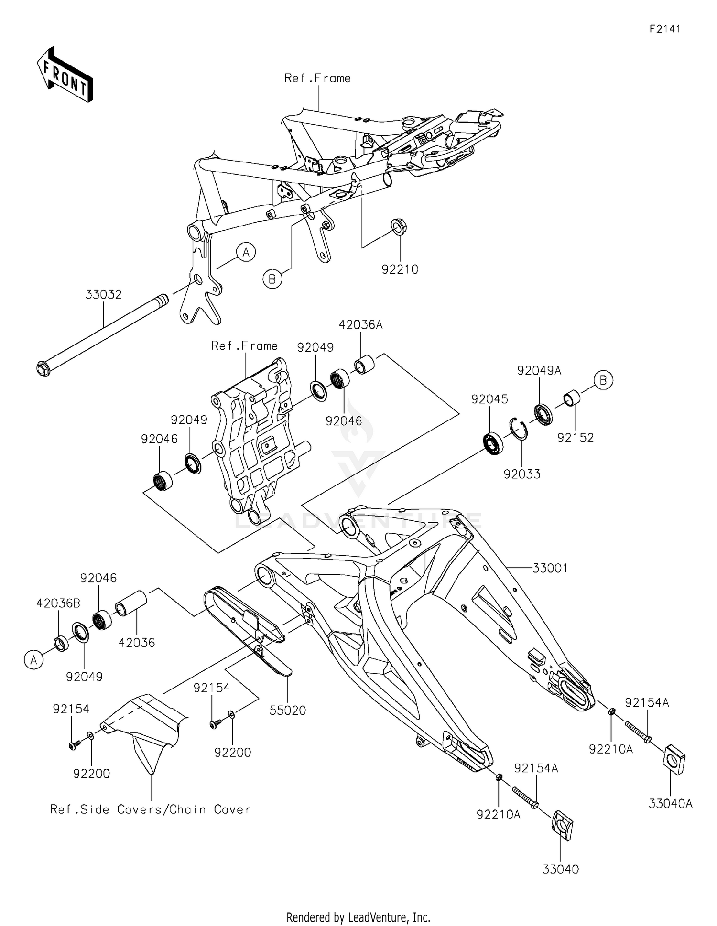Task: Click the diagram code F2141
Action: coord(664,29)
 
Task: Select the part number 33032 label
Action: coord(104,295)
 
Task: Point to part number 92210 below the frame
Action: coord(400,269)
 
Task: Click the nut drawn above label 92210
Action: coord(399,226)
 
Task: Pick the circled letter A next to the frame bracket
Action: coord(246,252)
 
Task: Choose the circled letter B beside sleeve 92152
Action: coord(603,380)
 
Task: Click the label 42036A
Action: coord(360,325)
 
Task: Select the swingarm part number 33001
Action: coord(550,568)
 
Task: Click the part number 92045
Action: coord(489,399)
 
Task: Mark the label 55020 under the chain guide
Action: coord(288,710)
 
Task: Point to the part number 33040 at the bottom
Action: coord(560,869)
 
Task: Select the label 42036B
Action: coord(58,603)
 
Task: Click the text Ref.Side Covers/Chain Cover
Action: coord(151,809)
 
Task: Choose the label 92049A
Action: coord(539,370)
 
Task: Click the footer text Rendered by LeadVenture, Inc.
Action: coord(358,917)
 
